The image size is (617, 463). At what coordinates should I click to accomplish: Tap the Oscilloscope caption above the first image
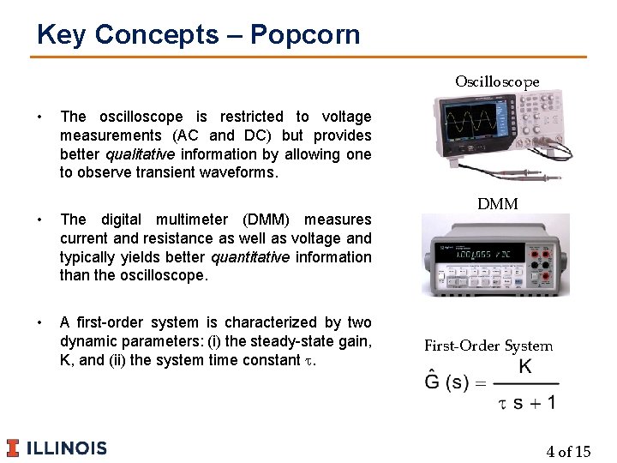[x=497, y=82]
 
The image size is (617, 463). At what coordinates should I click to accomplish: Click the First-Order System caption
[x=488, y=346]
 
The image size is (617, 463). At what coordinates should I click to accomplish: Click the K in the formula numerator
[x=525, y=367]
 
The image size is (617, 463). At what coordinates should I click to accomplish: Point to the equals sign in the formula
[x=481, y=383]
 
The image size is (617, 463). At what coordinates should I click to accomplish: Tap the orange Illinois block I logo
[x=13, y=448]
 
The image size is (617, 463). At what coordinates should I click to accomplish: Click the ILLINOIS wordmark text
[x=67, y=448]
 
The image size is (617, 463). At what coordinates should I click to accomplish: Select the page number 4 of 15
[x=568, y=452]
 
